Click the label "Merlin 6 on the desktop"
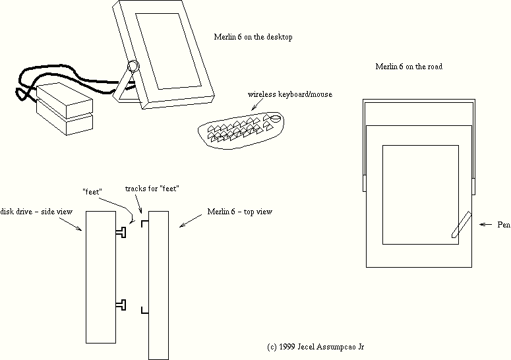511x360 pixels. tap(253, 38)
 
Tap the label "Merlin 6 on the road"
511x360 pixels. tap(408, 67)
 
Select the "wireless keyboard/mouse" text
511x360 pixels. tap(289, 94)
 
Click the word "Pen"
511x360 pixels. tap(504, 225)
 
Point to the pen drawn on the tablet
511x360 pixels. tap(460, 224)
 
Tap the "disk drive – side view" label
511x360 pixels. tap(36, 211)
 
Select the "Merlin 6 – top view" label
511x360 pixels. tap(239, 212)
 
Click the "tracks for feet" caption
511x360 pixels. tap(152, 189)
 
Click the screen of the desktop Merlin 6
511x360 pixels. tap(167, 50)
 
